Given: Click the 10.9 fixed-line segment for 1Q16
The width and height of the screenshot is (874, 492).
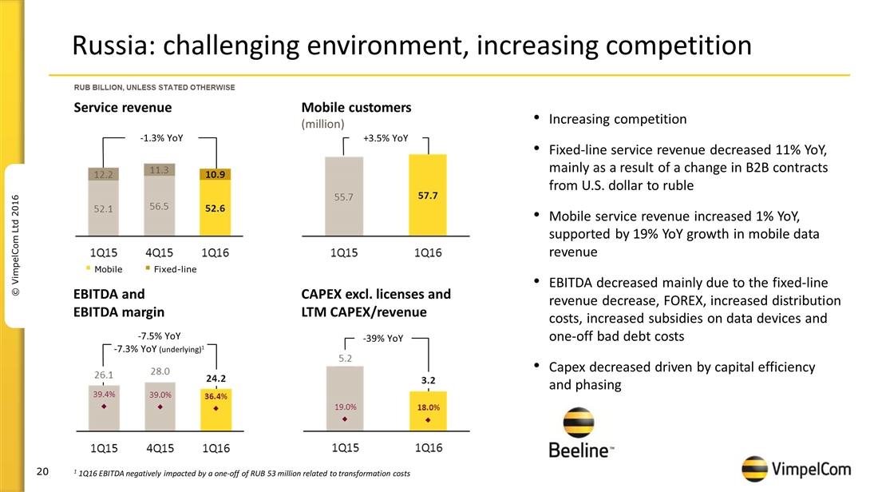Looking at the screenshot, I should coord(215,173).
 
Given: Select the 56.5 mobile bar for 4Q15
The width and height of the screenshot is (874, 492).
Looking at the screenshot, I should coord(160,206).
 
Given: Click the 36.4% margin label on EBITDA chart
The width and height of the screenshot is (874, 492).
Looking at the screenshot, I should coord(215,395).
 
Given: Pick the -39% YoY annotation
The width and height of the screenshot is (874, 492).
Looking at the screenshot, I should coord(384,339).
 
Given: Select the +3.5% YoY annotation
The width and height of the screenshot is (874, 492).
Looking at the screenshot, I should coord(386,138).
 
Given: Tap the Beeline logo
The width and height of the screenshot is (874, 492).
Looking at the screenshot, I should coord(581,435).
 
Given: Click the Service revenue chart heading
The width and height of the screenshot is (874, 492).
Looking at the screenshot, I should coord(122,107).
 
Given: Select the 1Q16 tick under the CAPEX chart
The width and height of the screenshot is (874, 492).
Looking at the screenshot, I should coord(427,448).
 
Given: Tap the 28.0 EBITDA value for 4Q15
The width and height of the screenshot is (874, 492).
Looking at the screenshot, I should coord(160,371).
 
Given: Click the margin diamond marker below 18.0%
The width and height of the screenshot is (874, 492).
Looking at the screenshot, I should coord(428,420).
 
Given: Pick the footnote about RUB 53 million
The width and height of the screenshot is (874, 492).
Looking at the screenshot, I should coord(242,474).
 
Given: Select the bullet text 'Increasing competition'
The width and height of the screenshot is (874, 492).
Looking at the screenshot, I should coord(618,119).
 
